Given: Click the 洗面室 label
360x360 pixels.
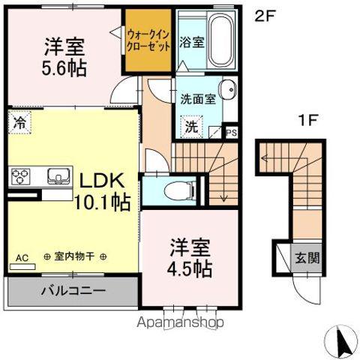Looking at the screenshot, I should point(198,99).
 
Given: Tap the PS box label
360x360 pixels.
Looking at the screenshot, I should point(231,132).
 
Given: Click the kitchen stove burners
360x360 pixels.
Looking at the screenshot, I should point(20,176).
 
